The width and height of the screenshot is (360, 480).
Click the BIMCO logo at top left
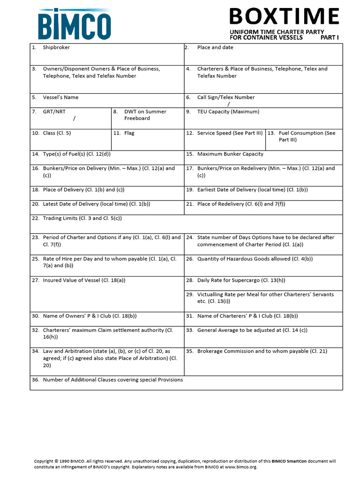click(75, 24)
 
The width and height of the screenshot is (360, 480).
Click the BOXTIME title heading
click(284, 17)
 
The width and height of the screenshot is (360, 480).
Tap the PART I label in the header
click(330, 37)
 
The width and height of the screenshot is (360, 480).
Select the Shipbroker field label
click(56, 47)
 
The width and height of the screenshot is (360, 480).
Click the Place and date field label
click(215, 47)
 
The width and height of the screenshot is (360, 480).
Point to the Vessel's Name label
click(60, 97)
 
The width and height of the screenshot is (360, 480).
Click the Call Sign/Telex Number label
click(226, 97)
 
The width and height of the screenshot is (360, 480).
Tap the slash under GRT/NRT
click(74, 119)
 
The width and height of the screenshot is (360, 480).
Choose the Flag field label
click(129, 133)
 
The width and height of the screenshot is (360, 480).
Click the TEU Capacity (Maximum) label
click(228, 112)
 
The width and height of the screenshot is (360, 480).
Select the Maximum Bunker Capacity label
click(230, 154)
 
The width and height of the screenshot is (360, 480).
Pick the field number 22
click(36, 218)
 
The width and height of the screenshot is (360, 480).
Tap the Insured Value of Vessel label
click(84, 280)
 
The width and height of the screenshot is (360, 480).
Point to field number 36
click(36, 380)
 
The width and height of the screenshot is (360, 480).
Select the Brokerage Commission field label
click(262, 351)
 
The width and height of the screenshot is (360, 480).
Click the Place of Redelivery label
click(241, 204)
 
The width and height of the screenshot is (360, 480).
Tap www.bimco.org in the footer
click(240, 467)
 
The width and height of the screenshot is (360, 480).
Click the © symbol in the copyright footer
click(56, 461)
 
